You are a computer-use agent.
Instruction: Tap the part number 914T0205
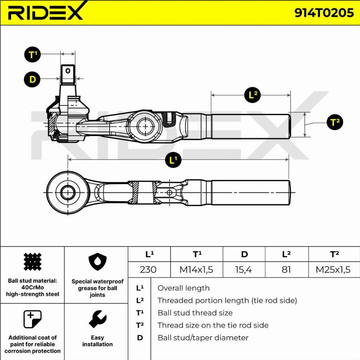(324, 13)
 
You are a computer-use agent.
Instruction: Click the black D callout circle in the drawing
(32, 79)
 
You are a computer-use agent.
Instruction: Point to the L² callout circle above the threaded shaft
(252, 95)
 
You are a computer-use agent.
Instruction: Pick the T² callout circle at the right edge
(335, 122)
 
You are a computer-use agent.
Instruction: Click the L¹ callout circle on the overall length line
(173, 160)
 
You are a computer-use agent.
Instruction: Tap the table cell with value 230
(148, 269)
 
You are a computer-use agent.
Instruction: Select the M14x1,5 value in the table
(196, 269)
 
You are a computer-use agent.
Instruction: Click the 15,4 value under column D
(243, 269)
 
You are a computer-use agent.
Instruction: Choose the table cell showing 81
(286, 269)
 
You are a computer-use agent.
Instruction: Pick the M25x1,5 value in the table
(333, 269)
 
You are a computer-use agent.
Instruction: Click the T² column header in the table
(334, 254)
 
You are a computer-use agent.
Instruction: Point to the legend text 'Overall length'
(183, 288)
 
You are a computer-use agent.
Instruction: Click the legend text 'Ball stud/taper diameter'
(203, 338)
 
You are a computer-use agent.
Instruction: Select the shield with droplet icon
(97, 262)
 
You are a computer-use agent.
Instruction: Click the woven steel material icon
(32, 262)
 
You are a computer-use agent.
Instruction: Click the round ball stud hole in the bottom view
(68, 193)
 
